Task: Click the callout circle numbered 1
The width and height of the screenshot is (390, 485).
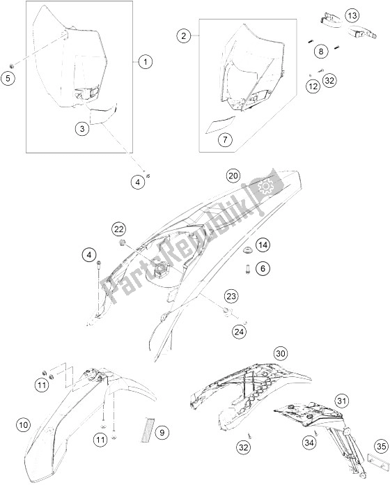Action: [x=146, y=62]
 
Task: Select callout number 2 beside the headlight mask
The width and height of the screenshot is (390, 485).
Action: [x=184, y=36]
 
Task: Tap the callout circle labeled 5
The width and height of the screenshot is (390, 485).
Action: [x=8, y=78]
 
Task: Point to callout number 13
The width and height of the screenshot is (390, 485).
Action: [x=352, y=15]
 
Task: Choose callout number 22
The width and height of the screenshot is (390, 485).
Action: [x=119, y=229]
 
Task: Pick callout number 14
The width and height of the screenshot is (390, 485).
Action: [x=263, y=245]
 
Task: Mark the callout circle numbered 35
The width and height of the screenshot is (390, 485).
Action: [x=382, y=447]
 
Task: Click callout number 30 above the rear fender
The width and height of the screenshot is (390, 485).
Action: [x=280, y=353]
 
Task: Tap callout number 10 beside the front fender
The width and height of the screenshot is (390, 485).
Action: [x=24, y=424]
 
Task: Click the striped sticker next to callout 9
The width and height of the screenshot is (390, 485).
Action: [x=147, y=429]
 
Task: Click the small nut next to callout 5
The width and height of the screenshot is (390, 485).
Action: [x=13, y=66]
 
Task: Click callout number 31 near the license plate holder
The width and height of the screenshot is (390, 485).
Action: [x=341, y=401]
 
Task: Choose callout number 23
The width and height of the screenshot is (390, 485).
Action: [x=231, y=296]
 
